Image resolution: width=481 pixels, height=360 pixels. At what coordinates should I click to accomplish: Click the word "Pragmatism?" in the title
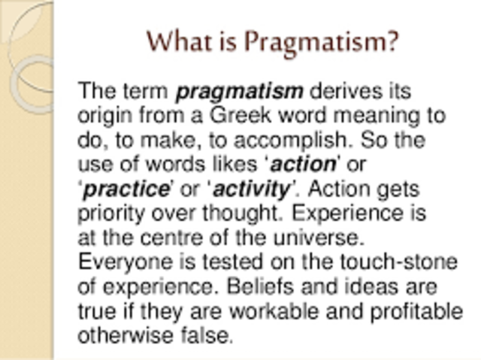pyautogui.click(x=331, y=41)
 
